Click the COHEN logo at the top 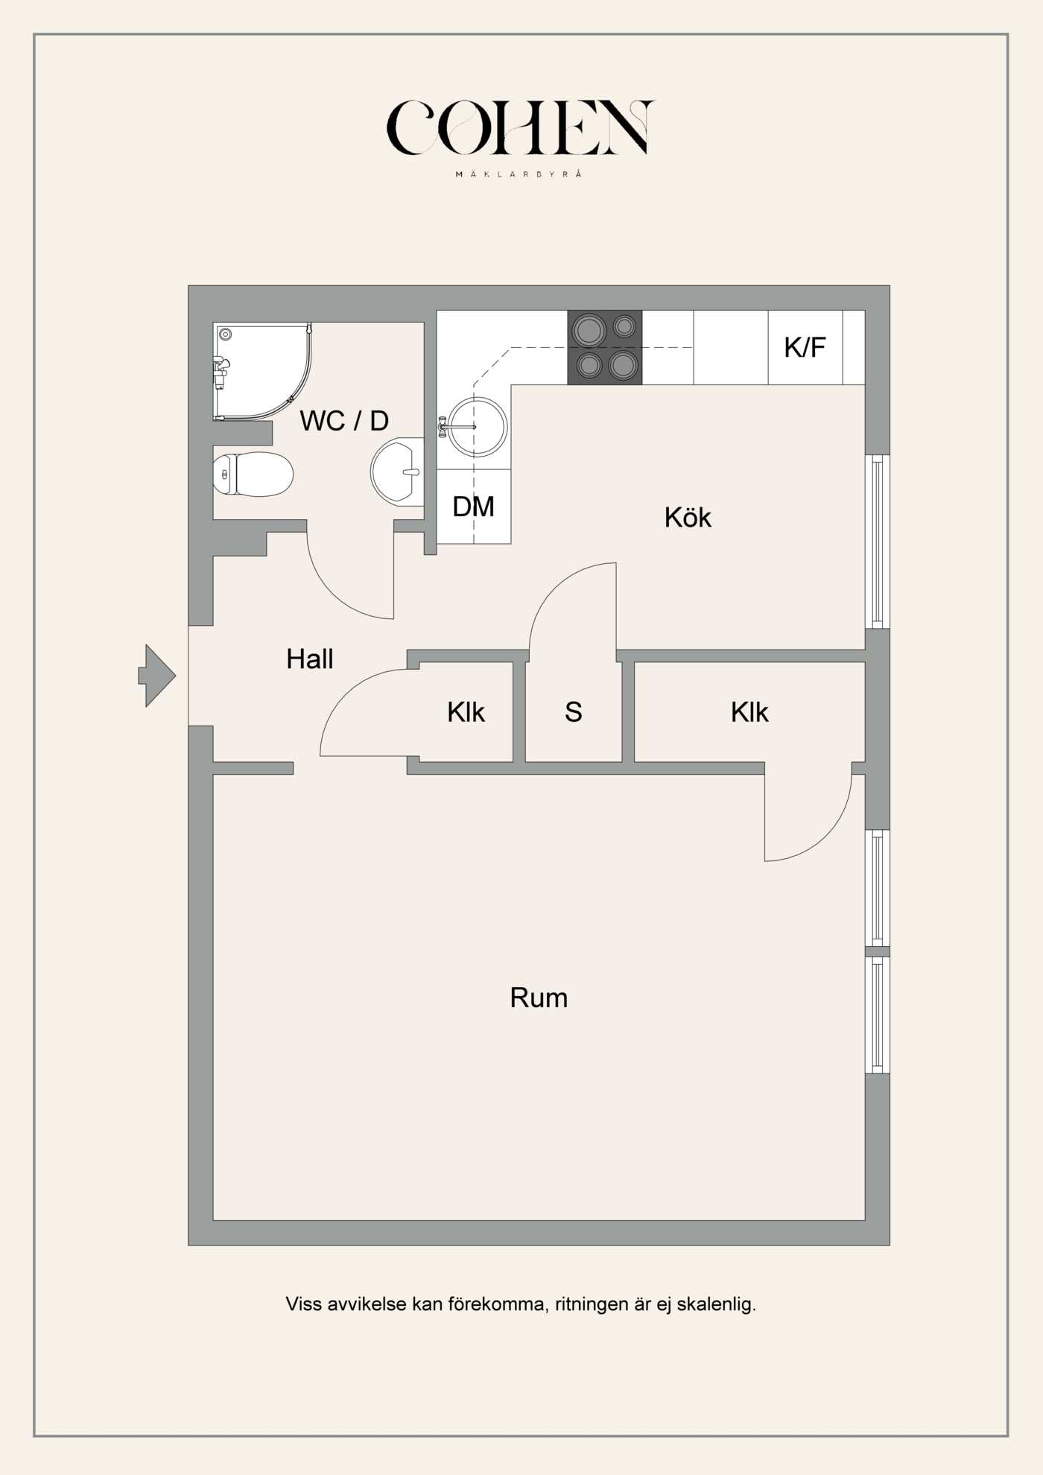point(520,128)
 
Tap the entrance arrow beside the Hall point(157,676)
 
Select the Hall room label point(310,659)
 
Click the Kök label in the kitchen point(688,517)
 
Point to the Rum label point(539,997)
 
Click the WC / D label point(344,421)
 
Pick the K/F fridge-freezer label point(805,347)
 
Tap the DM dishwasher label point(473,507)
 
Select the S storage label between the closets point(573,712)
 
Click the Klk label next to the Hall point(466,712)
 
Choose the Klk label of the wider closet point(749,712)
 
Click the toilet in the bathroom point(253,474)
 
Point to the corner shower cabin point(262,371)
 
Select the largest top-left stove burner point(589,329)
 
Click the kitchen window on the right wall point(878,542)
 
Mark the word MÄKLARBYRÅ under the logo point(519,174)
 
